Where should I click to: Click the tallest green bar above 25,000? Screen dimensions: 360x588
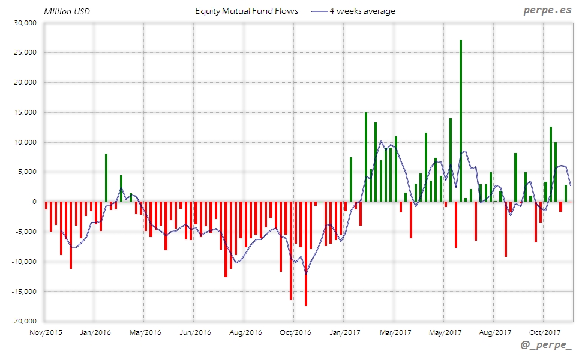point(460,120)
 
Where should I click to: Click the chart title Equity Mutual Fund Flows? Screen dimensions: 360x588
point(247,11)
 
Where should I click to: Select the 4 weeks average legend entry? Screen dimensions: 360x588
point(354,11)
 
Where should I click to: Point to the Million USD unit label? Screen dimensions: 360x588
point(67,11)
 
